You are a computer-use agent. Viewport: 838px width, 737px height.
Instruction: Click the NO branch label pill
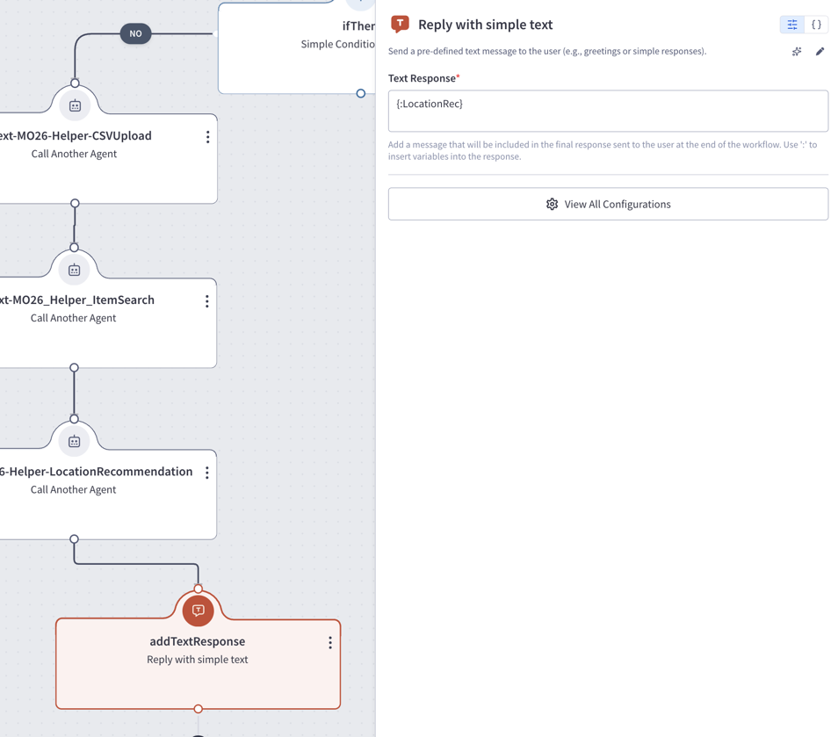coord(136,33)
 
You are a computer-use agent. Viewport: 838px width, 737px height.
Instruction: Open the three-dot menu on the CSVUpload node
coord(208,137)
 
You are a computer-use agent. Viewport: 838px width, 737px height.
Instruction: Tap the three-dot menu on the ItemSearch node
coord(206,301)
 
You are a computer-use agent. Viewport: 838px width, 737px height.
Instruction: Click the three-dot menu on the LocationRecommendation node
coord(206,473)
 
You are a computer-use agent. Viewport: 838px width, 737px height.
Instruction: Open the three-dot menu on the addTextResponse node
coord(330,642)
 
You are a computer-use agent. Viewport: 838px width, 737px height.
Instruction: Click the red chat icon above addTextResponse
coord(199,611)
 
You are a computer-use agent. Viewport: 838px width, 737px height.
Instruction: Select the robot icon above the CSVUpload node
coord(75,105)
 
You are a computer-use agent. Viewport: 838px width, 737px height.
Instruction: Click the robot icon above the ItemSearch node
coord(75,270)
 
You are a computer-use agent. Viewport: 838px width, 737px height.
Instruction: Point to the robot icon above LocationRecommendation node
coord(75,442)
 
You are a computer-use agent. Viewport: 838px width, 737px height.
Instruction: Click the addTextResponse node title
coord(198,641)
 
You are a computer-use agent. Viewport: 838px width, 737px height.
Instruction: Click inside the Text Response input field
coord(608,112)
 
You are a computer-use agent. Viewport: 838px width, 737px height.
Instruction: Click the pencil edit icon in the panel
coord(820,51)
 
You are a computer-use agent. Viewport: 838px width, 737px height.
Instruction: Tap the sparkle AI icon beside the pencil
coord(797,51)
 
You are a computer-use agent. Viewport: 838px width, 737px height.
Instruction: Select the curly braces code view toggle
coord(816,25)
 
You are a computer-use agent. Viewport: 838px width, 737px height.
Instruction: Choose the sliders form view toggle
coord(792,25)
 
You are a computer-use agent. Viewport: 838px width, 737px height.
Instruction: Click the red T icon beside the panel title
coord(400,24)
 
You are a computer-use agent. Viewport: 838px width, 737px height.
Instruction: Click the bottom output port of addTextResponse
coord(199,709)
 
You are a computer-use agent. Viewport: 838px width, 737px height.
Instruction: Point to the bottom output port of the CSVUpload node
coord(75,203)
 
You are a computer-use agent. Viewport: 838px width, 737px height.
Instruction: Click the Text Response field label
coord(423,78)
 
